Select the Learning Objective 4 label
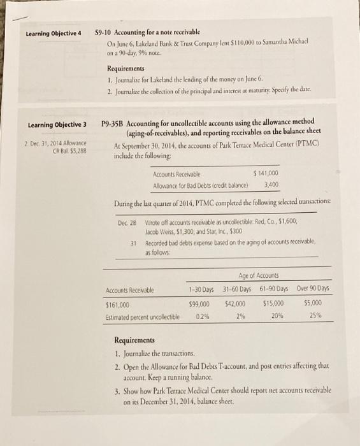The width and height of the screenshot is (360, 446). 54,33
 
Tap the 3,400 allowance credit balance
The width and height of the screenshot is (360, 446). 271,185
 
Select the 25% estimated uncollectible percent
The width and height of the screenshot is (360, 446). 313,315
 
